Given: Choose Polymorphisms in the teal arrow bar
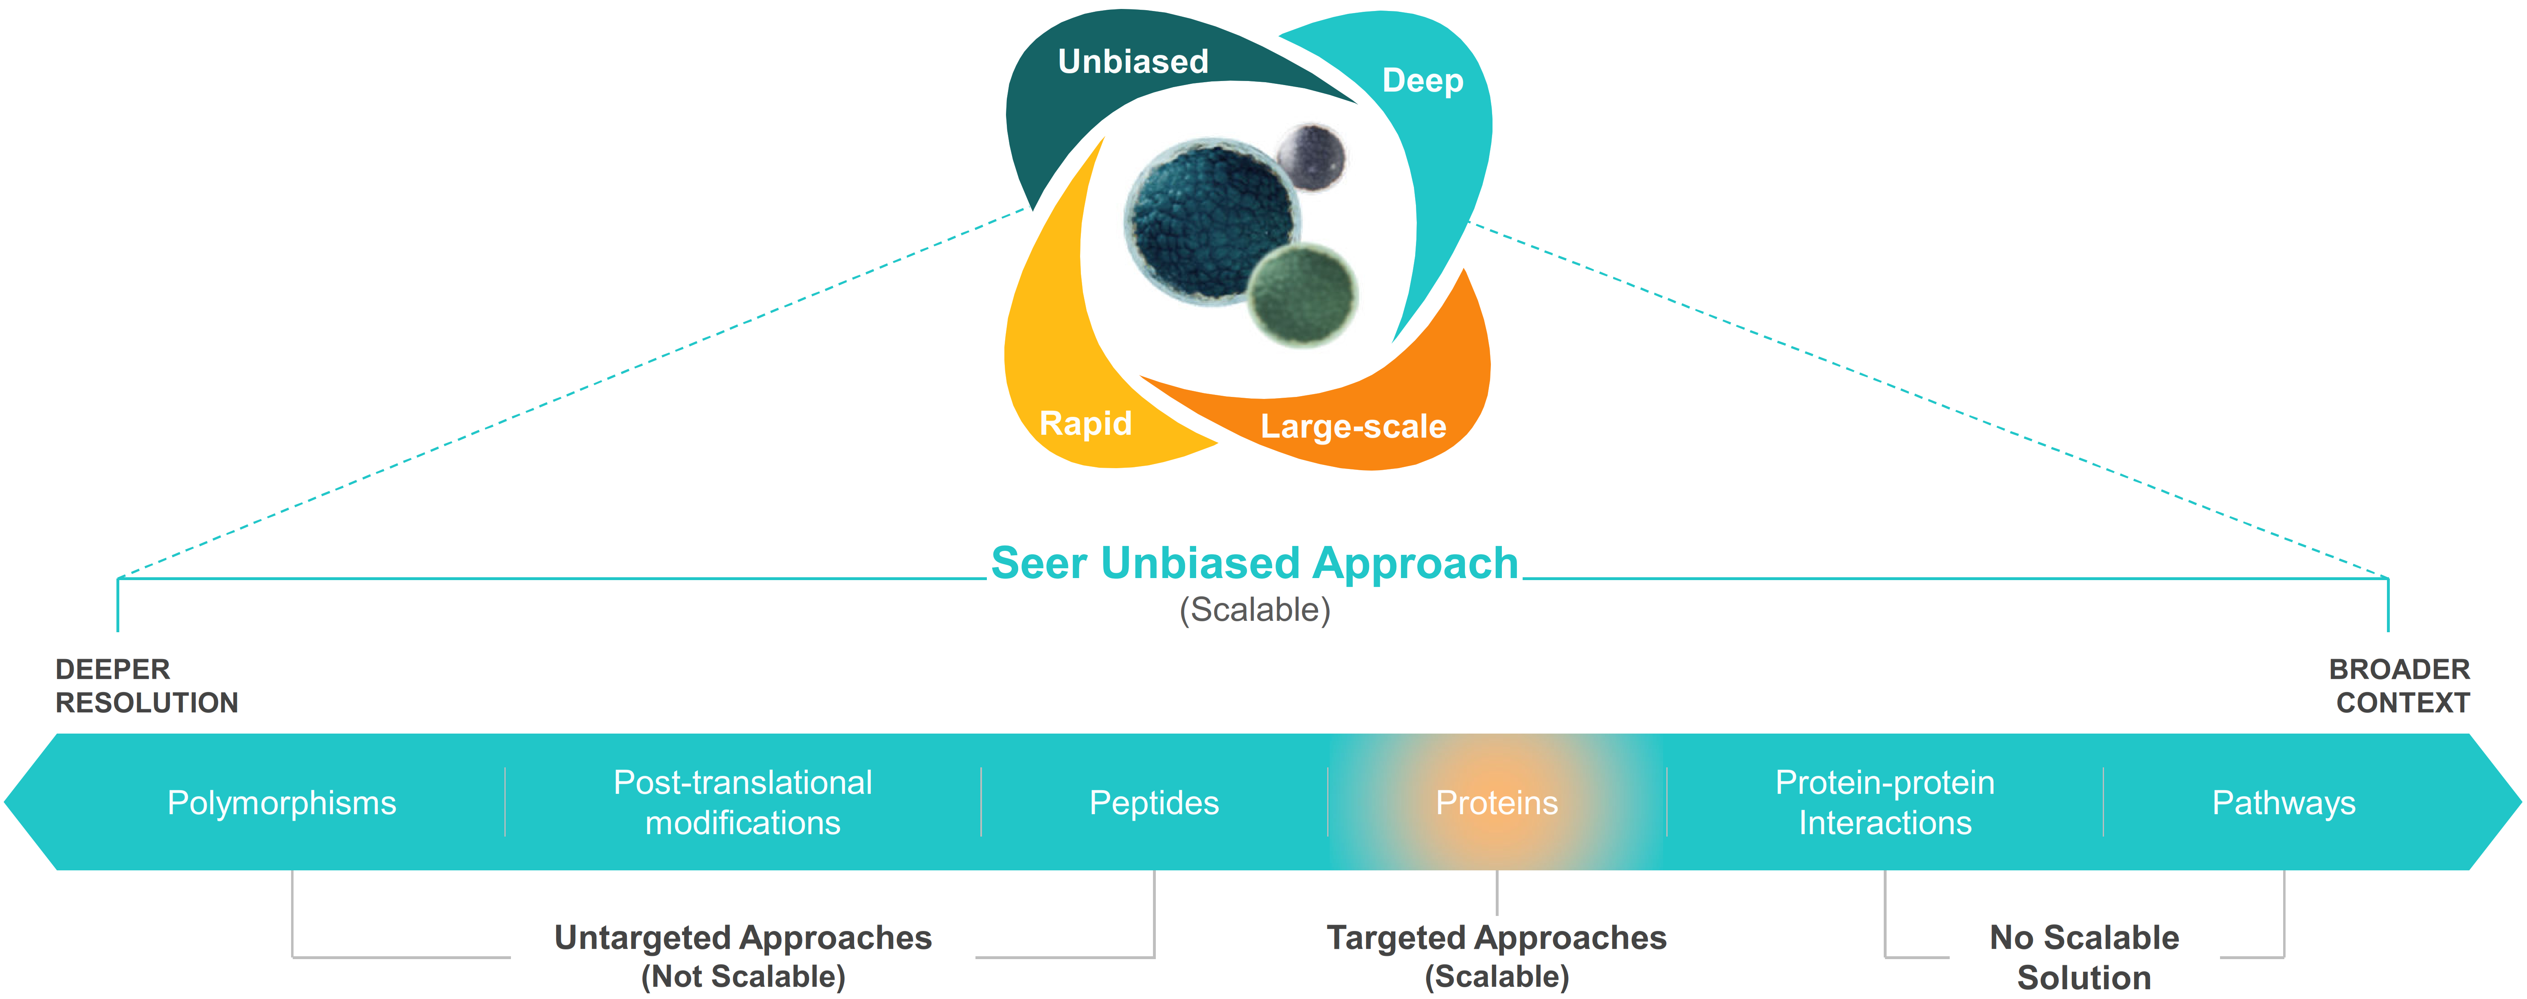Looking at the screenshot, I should [282, 803].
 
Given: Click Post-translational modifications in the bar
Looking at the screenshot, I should [743, 803].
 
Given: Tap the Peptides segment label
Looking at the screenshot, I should [1154, 803].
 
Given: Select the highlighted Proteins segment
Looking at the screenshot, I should [1496, 803].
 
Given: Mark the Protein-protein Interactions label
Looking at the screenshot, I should [1885, 803].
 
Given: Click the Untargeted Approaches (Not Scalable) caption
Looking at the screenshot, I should [743, 956].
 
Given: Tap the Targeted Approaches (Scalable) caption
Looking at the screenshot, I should [1496, 956].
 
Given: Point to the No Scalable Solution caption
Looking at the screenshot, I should [2084, 957].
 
